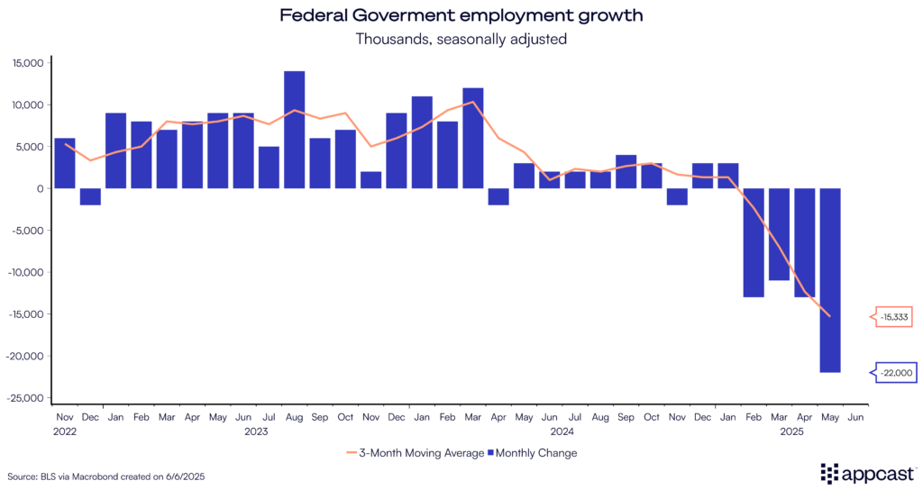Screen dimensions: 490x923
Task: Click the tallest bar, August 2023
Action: pos(294,130)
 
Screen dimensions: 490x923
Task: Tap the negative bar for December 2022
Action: pos(90,196)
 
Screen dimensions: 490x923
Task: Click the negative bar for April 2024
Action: pos(498,196)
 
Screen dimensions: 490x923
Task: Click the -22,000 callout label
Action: pos(893,372)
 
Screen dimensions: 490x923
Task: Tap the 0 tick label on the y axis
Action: pos(40,188)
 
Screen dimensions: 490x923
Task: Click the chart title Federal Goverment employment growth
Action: pos(461,16)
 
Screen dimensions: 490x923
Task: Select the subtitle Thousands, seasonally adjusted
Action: pos(461,40)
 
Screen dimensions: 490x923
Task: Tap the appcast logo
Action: pos(866,474)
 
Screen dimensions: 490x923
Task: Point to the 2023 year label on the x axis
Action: pos(256,431)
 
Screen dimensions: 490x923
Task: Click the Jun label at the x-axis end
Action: pos(855,418)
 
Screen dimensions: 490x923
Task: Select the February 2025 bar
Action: pos(754,242)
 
